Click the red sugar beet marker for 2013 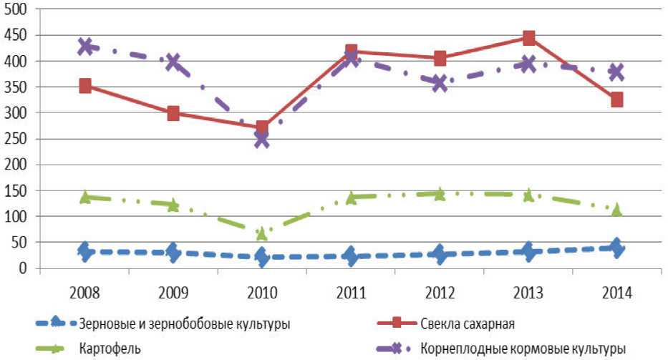[x=528, y=38]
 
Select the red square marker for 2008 [x=85, y=87]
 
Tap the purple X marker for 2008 [x=85, y=47]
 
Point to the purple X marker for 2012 [x=440, y=83]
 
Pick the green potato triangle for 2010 [x=262, y=233]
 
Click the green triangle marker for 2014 [x=616, y=210]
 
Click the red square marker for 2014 [x=616, y=99]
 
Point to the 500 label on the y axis [x=16, y=10]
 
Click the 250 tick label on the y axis [x=16, y=139]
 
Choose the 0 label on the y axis [x=23, y=268]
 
